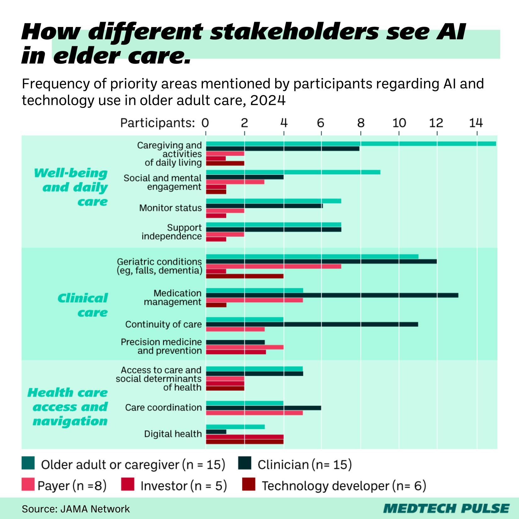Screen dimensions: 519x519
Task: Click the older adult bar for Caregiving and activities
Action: tap(351, 144)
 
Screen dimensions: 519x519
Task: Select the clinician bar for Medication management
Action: tap(332, 295)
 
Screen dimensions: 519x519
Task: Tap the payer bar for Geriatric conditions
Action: tap(273, 266)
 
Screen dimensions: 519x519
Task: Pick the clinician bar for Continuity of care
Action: tap(312, 324)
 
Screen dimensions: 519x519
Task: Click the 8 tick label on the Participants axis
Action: tap(360, 123)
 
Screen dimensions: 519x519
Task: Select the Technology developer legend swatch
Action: tap(249, 484)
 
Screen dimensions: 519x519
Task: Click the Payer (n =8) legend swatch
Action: tap(28, 484)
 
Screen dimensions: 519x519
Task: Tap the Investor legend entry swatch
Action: tap(128, 484)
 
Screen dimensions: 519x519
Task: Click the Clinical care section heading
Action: tap(83, 305)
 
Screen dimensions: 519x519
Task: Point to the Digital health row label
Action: tap(173, 434)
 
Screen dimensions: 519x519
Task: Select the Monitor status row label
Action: tap(170, 208)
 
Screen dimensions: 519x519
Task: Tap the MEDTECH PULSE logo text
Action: tap(446, 508)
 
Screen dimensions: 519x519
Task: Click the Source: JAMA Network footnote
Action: tap(76, 509)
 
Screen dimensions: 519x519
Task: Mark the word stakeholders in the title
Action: tap(294, 32)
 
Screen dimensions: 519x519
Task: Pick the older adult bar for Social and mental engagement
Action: tap(293, 172)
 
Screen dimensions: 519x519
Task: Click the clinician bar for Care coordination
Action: tap(263, 408)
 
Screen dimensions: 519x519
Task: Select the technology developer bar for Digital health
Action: tap(244, 442)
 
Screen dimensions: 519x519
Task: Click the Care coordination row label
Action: tap(163, 407)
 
